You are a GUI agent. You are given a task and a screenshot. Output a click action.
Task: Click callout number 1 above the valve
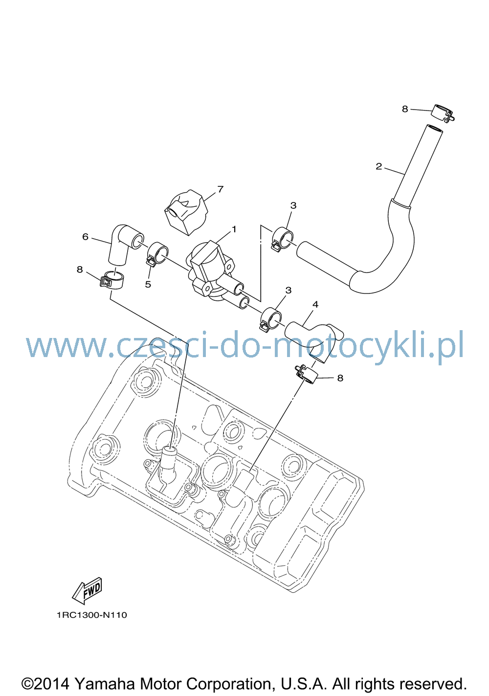point(234,229)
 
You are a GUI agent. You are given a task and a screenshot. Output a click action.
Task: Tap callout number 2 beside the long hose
point(378,167)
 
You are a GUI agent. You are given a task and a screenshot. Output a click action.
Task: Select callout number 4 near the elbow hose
point(315,305)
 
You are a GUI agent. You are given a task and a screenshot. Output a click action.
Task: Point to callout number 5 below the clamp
point(148,284)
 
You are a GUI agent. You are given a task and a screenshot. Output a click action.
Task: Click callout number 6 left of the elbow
point(85,237)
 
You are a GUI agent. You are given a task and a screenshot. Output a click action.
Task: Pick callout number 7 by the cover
point(220,189)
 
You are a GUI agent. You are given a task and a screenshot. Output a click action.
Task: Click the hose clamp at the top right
point(444,113)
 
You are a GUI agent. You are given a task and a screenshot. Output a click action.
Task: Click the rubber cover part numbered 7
point(186,212)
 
